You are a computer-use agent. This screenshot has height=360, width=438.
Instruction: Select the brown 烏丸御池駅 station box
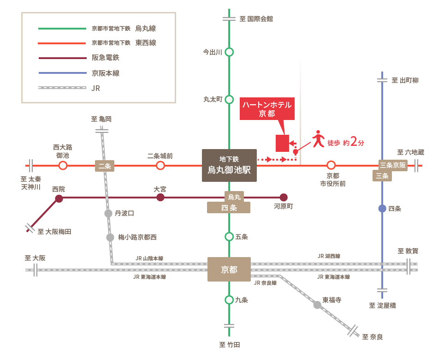229,165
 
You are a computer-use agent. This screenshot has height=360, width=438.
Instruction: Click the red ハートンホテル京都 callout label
267,109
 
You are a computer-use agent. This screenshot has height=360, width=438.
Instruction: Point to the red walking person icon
318,139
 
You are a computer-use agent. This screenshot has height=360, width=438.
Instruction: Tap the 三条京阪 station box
393,165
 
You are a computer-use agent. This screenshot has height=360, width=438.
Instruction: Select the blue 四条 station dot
382,209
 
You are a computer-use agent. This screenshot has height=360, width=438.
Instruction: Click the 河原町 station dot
284,197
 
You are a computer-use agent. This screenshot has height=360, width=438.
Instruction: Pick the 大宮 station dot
160,197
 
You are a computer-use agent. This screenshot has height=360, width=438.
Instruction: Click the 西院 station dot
59,198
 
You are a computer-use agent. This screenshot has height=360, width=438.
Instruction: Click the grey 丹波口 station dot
108,213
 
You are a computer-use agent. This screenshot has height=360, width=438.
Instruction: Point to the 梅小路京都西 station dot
110,238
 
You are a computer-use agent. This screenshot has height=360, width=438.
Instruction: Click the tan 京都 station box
229,269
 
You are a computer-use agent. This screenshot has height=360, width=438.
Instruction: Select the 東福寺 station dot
317,305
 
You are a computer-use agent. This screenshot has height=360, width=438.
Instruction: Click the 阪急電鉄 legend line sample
63,58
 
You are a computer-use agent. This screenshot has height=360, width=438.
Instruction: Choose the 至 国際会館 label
256,19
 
